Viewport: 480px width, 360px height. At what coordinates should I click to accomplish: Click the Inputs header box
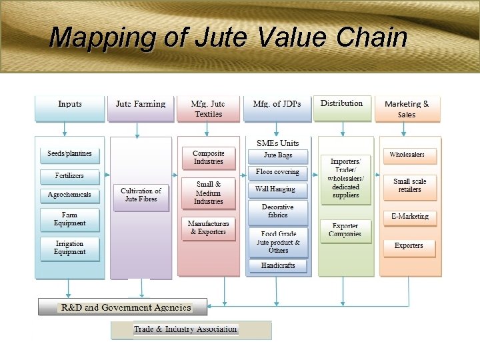point(70,109)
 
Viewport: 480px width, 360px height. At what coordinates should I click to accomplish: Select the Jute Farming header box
point(140,109)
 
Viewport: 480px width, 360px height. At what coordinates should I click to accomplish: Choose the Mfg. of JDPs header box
point(277,109)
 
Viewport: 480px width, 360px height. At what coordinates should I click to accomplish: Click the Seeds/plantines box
point(69,155)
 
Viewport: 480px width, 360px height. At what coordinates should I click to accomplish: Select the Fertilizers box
point(69,177)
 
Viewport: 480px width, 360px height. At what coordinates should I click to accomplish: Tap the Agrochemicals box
point(69,195)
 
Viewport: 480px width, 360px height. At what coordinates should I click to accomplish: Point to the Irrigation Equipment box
point(70,248)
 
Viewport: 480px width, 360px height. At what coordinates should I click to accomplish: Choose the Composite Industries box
point(209,158)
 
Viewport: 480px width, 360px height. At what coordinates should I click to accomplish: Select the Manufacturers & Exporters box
point(209,228)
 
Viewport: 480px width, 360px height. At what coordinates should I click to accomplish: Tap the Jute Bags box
point(278,155)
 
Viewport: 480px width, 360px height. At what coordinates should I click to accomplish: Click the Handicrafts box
point(278,265)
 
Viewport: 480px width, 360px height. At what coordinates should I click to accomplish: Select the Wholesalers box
point(407,155)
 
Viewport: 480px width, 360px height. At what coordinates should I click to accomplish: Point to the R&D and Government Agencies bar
point(123,308)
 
